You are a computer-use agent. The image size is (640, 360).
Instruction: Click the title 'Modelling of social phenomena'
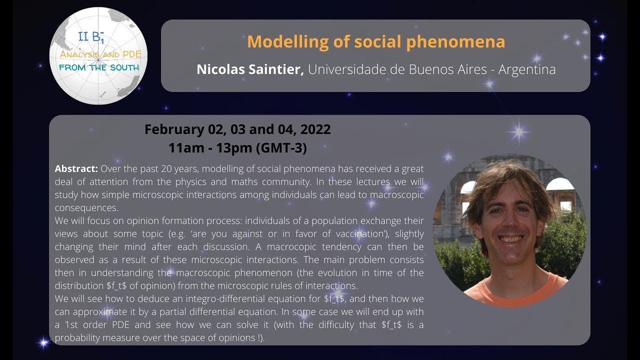pos(375,42)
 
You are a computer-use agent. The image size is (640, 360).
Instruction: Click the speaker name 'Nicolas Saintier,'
pos(250,69)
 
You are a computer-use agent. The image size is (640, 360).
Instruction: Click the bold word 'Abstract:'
pos(76,168)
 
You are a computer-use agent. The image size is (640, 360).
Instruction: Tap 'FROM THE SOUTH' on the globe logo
pos(99,66)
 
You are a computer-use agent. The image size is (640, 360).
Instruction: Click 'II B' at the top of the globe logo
pos(88,36)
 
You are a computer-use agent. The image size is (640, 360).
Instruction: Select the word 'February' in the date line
pos(173,129)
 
